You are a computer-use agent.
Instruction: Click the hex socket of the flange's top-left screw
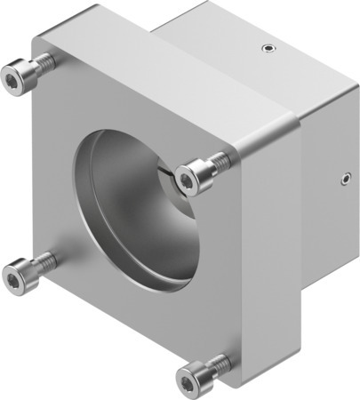point(12,81)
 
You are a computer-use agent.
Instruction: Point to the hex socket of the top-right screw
point(187,180)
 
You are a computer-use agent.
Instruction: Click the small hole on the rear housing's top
point(265,49)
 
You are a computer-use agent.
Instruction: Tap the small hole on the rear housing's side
point(343,178)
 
